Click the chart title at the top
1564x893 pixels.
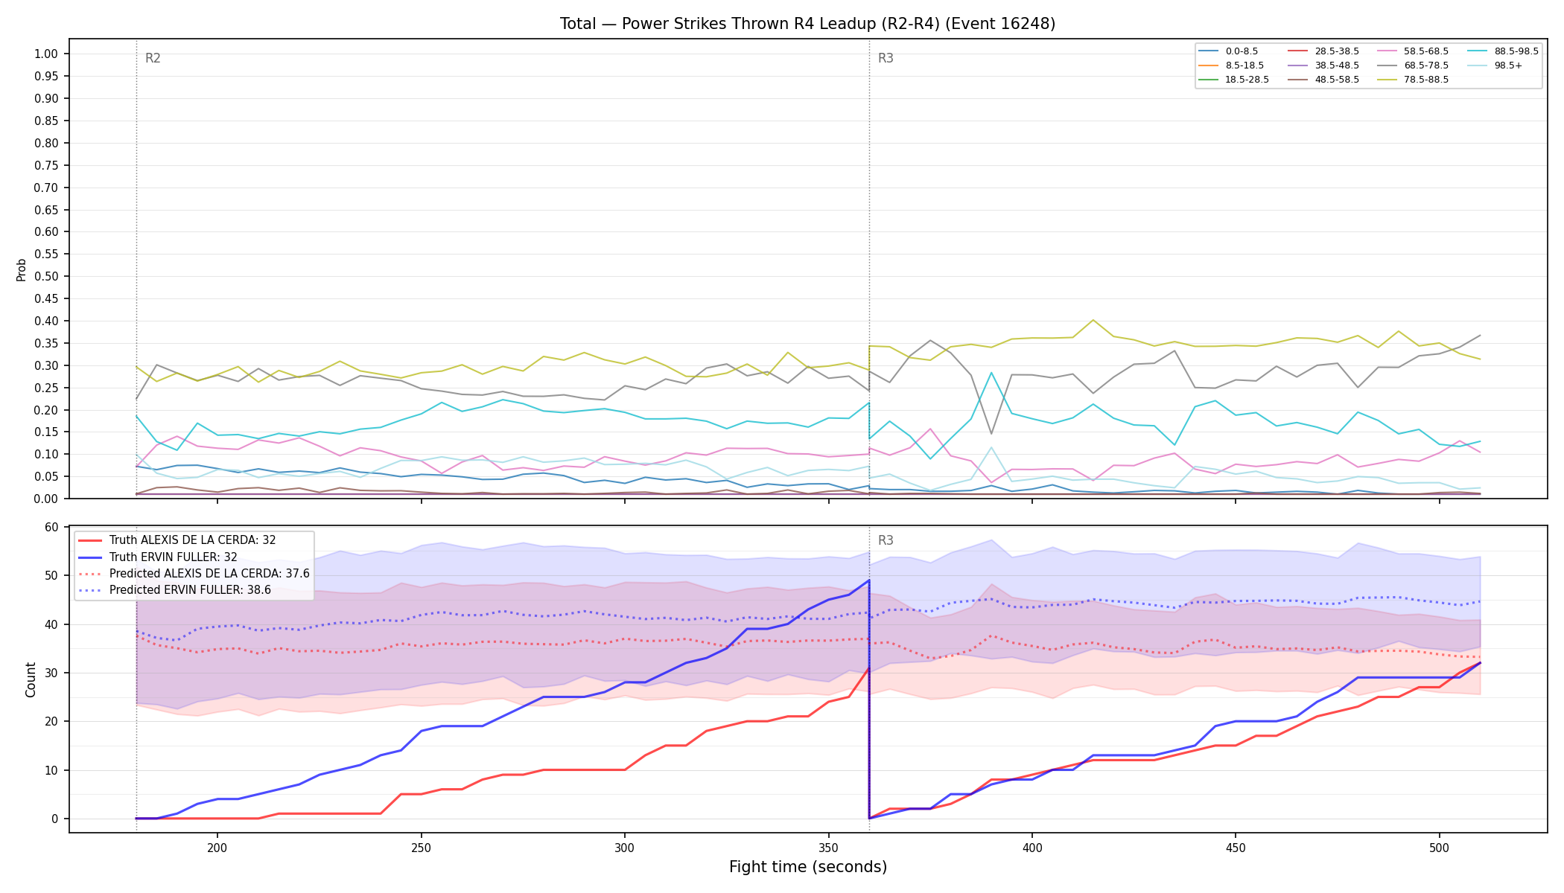807,24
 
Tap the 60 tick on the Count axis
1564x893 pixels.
51,527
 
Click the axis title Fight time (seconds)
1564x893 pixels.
808,867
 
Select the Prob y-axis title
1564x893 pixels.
21,269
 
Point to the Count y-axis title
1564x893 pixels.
31,679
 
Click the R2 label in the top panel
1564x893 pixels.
153,58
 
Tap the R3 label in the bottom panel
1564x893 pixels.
886,540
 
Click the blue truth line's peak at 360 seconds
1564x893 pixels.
869,580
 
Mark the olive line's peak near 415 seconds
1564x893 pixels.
1093,320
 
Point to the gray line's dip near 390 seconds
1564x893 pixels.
991,434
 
